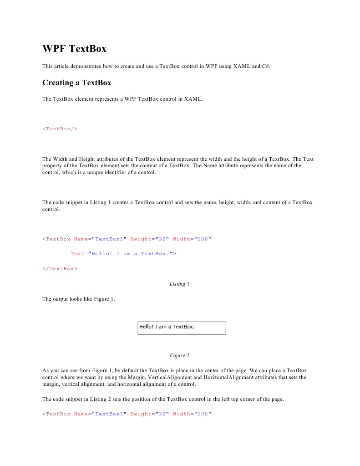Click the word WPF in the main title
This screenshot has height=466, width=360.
point(54,49)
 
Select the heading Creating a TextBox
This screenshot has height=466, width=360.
point(76,82)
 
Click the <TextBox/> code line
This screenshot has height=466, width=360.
point(60,128)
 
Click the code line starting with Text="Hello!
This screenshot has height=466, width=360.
point(123,253)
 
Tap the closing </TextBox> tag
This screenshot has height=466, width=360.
point(60,268)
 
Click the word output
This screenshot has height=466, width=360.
point(62,299)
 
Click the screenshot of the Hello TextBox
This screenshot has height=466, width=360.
point(182,328)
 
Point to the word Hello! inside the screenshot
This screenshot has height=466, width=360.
point(146,326)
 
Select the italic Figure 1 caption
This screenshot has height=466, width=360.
point(177,355)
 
